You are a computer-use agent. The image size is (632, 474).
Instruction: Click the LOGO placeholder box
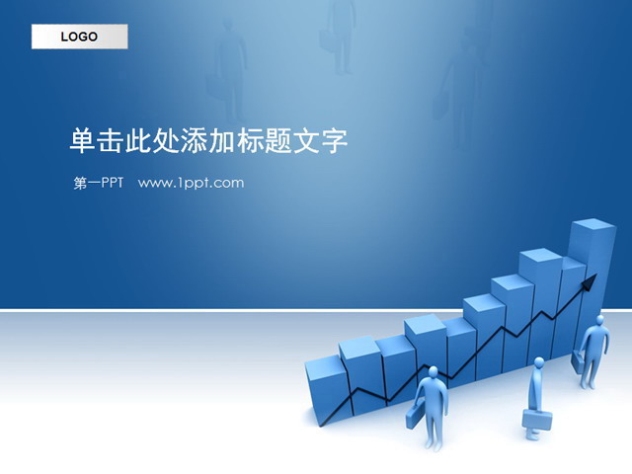[79, 38]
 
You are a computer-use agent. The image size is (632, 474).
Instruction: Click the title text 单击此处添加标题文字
[208, 141]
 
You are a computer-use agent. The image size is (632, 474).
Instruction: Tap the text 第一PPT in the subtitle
[98, 183]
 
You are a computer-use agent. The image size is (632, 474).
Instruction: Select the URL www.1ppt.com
[191, 183]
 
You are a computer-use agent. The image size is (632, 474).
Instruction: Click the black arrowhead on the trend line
[590, 283]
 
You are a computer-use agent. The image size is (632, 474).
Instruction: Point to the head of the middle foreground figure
[538, 363]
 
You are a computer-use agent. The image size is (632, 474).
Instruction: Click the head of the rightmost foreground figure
[598, 321]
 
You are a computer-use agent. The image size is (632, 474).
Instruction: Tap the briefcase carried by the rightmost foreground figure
[581, 358]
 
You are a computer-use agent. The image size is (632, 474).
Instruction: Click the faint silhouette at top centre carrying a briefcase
[341, 30]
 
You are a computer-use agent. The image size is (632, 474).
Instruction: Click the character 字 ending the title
[335, 141]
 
